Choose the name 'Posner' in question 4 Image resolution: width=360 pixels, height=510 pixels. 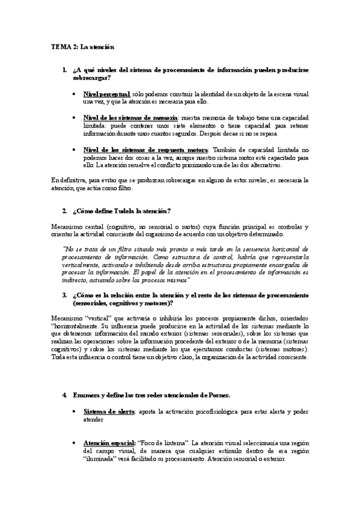tap(214, 395)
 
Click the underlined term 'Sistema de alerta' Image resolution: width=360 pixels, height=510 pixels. tap(109, 412)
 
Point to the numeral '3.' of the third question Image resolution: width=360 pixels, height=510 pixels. tap(64, 295)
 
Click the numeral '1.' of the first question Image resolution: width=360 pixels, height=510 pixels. tap(64, 70)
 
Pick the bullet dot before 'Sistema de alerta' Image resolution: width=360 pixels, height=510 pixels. tap(74, 412)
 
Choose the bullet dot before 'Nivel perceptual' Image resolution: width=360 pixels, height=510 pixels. tap(74, 94)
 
